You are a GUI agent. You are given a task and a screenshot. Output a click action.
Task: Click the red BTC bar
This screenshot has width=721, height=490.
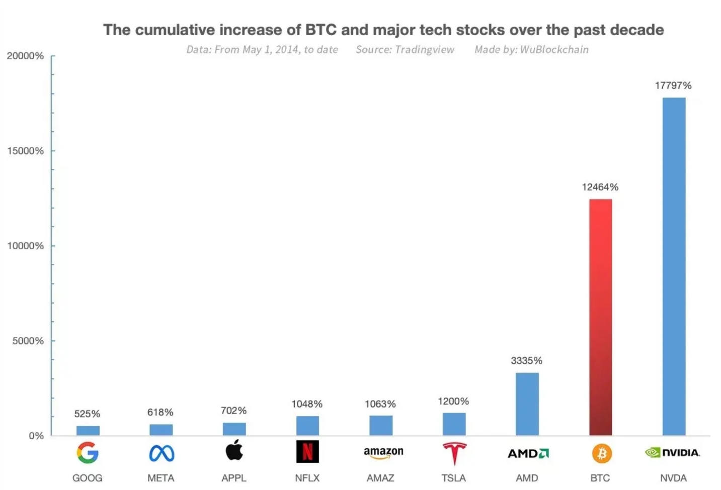600,317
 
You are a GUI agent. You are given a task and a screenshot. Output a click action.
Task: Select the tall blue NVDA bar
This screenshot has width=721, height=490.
674,266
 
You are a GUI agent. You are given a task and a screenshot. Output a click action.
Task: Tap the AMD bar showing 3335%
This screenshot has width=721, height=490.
527,404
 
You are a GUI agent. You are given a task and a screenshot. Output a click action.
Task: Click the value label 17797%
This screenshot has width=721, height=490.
673,85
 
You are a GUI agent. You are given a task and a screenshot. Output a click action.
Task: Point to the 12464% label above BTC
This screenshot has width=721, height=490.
600,187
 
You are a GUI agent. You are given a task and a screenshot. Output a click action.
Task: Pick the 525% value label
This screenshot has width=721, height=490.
87,414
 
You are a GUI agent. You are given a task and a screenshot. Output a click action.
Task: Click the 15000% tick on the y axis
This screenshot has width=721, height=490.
25,151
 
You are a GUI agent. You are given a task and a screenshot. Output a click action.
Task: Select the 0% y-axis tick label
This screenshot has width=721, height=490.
36,436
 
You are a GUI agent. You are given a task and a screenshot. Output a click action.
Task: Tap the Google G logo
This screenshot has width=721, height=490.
88,453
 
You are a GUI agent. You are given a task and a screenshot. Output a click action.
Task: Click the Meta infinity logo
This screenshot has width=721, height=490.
162,453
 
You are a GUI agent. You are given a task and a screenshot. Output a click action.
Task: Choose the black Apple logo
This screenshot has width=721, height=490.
234,450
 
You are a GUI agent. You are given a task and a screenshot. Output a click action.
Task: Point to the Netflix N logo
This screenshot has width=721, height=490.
307,451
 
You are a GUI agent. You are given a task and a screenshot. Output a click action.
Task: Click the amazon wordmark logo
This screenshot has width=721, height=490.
383,452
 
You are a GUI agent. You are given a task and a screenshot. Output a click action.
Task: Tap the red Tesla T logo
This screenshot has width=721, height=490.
454,453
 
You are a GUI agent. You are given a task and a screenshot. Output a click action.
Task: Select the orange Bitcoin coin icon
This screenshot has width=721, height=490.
601,454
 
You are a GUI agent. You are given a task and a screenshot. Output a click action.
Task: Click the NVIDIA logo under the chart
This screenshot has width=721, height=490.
672,453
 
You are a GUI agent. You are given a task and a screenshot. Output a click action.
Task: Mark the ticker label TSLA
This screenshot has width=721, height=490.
453,478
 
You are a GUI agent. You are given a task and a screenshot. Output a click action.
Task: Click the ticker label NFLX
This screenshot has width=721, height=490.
307,478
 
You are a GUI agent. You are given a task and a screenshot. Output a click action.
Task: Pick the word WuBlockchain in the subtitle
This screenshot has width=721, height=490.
554,49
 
